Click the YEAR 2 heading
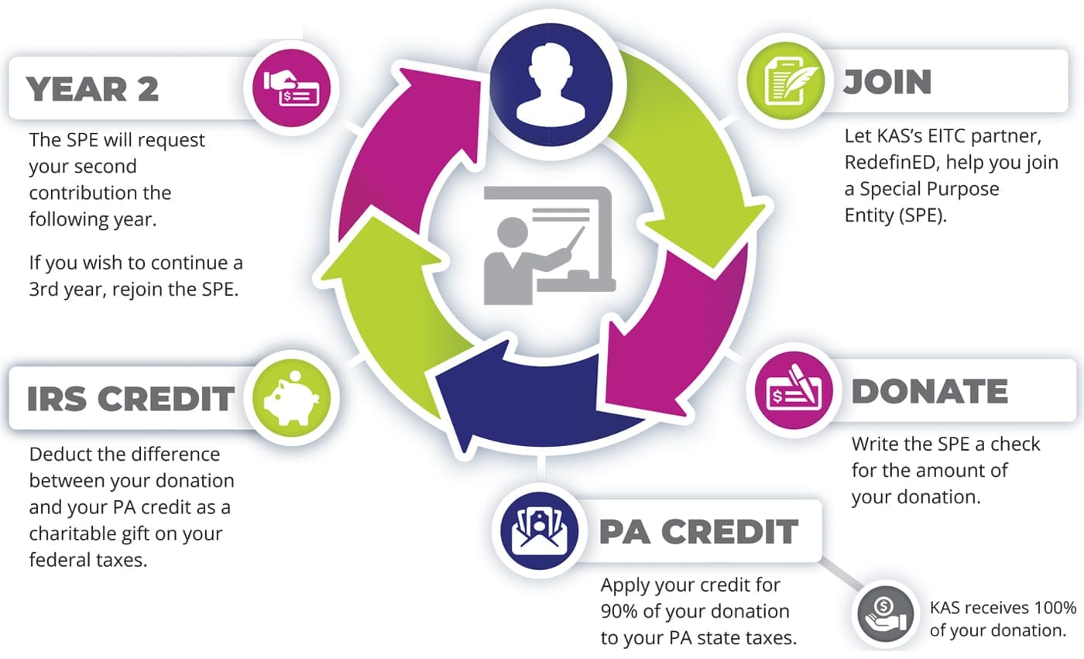coord(93,89)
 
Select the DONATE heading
coord(929,393)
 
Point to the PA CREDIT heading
coord(698,531)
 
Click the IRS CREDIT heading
coord(130,398)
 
